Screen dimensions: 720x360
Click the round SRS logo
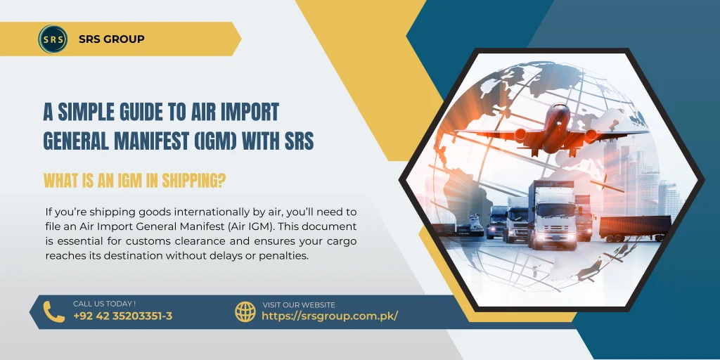[53, 39]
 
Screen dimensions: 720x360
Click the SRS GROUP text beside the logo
[112, 39]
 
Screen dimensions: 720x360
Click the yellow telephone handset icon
[53, 311]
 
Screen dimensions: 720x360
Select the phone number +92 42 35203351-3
[122, 316]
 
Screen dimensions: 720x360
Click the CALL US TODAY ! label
[104, 304]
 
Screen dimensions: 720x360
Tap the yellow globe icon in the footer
[245, 311]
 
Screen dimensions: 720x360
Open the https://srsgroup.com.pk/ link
[329, 316]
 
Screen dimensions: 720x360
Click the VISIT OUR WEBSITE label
[298, 305]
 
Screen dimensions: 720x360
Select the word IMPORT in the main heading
[253, 112]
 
